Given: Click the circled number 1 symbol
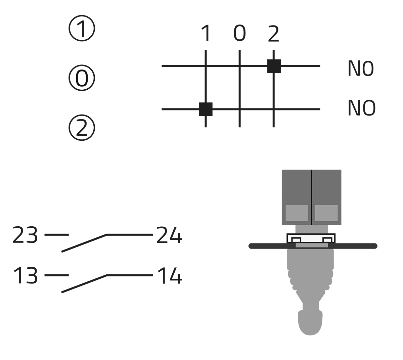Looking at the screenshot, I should coord(82,29).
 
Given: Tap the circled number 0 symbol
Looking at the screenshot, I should coord(82,78).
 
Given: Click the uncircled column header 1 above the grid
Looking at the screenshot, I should coord(206,34).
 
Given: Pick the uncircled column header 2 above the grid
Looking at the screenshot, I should coord(273,34).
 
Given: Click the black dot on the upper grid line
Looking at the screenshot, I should coord(274,66).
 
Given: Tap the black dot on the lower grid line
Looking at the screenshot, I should coord(206,110).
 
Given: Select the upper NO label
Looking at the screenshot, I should coord(360,69).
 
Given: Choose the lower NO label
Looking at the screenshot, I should coord(361,108).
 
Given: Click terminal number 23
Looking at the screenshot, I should coord(24,235).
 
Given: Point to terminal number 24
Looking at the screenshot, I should coord(169,235).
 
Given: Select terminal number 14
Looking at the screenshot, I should coord(169,276).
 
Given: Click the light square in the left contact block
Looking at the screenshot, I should coord(297,213).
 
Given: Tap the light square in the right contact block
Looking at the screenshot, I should coord(326,213).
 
